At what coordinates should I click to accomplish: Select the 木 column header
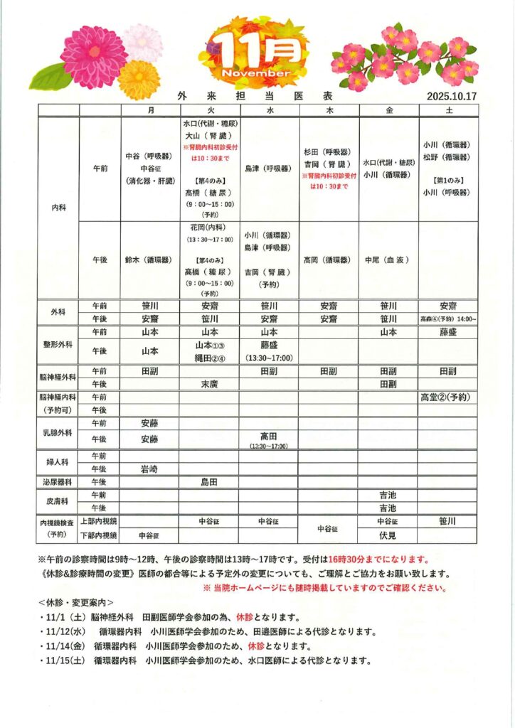(x=329, y=110)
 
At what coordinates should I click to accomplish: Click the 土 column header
(x=447, y=110)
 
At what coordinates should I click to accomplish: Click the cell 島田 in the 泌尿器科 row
(x=209, y=481)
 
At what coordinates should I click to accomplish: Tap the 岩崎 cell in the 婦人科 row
(x=149, y=469)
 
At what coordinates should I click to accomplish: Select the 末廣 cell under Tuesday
(x=209, y=384)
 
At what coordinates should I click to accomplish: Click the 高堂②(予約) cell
(x=447, y=397)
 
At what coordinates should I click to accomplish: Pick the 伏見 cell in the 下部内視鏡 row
(x=388, y=535)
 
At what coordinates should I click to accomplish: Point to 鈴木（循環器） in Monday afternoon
(x=149, y=260)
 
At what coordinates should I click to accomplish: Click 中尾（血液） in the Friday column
(x=388, y=260)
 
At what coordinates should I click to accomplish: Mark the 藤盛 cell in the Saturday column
(x=447, y=332)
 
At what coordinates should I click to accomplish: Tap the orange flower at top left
(x=139, y=80)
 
